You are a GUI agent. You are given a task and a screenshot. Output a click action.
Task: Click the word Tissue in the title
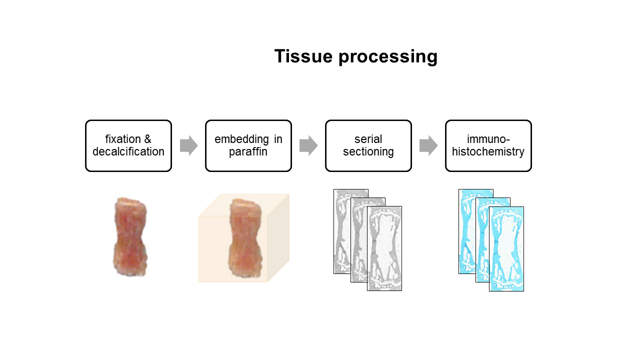pyautogui.click(x=303, y=56)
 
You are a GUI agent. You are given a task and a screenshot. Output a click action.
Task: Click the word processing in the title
pyautogui.click(x=388, y=57)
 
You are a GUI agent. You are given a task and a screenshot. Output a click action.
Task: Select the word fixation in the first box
pyautogui.click(x=123, y=139)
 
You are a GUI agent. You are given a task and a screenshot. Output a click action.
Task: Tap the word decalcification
pyautogui.click(x=128, y=151)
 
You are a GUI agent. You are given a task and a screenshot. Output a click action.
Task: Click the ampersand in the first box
pyautogui.click(x=147, y=139)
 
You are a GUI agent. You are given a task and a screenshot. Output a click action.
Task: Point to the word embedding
pyautogui.click(x=241, y=139)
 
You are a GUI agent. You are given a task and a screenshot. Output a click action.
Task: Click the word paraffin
pyautogui.click(x=248, y=151)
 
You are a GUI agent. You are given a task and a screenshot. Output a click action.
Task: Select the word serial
pyautogui.click(x=368, y=139)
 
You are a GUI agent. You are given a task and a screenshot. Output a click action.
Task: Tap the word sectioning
pyautogui.click(x=368, y=152)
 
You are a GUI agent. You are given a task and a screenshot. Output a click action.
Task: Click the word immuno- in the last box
pyautogui.click(x=488, y=139)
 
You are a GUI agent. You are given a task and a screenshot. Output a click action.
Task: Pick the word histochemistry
pyautogui.click(x=488, y=151)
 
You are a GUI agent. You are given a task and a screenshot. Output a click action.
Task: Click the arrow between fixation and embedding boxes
pyautogui.click(x=189, y=145)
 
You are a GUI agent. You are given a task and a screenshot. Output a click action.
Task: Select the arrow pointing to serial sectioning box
pyautogui.click(x=308, y=145)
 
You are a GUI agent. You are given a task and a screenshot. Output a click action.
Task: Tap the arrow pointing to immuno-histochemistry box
pyautogui.click(x=428, y=145)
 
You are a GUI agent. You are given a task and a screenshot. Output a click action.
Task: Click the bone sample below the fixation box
pyautogui.click(x=130, y=236)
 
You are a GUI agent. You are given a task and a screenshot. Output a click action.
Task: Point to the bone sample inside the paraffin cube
pyautogui.click(x=245, y=238)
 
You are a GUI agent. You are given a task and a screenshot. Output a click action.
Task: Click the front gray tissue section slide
pyautogui.click(x=384, y=248)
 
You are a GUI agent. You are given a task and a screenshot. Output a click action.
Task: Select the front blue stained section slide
pyautogui.click(x=506, y=249)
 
